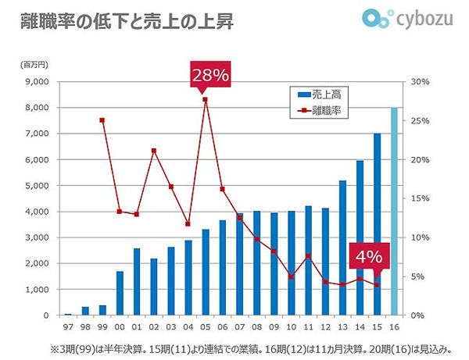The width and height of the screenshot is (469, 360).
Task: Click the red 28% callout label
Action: [209, 76]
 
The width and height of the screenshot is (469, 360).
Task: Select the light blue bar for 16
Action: [395, 212]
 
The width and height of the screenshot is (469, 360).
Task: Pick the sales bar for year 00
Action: [120, 293]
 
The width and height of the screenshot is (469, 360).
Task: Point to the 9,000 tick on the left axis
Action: [38, 81]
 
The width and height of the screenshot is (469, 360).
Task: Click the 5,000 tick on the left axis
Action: [38, 186]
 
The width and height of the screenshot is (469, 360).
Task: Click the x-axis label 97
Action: [68, 326]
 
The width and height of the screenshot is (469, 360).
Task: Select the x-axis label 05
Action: [205, 326]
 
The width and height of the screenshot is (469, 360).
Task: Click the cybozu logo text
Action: [425, 19]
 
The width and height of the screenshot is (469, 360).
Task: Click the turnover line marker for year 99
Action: [102, 120]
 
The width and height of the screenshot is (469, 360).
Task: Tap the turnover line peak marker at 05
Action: [205, 99]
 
